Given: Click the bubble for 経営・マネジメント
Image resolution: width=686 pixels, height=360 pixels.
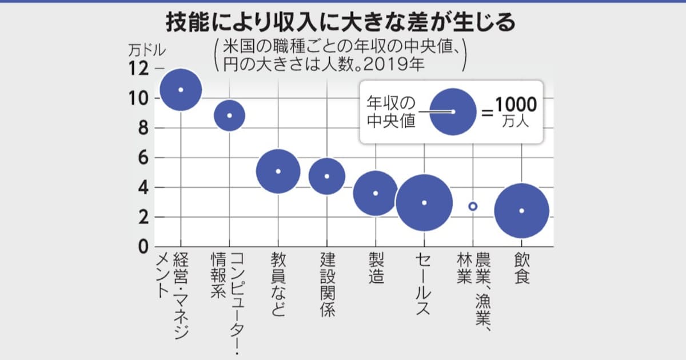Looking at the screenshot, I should [181, 90].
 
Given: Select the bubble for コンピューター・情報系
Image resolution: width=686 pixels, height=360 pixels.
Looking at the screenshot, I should [229, 115].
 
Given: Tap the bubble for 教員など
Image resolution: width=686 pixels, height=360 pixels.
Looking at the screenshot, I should [278, 171].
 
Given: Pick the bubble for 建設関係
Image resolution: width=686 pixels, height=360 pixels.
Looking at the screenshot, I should [327, 176].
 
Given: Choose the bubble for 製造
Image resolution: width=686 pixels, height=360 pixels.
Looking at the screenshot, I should [376, 193].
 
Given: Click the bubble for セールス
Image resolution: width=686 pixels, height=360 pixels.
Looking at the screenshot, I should [424, 203].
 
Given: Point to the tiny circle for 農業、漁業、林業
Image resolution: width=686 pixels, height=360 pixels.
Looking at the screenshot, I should [473, 206].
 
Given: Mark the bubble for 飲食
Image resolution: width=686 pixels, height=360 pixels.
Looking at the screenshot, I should [521, 211].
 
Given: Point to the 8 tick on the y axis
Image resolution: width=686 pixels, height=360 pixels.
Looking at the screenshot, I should [143, 128].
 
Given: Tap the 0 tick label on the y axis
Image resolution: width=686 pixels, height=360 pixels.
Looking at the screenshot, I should [143, 247].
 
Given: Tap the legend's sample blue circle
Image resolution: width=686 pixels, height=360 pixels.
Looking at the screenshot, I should [453, 111].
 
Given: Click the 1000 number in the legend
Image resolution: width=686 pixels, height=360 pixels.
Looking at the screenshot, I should [516, 105].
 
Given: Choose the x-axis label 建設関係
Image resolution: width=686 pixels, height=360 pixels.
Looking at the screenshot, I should [327, 285].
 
